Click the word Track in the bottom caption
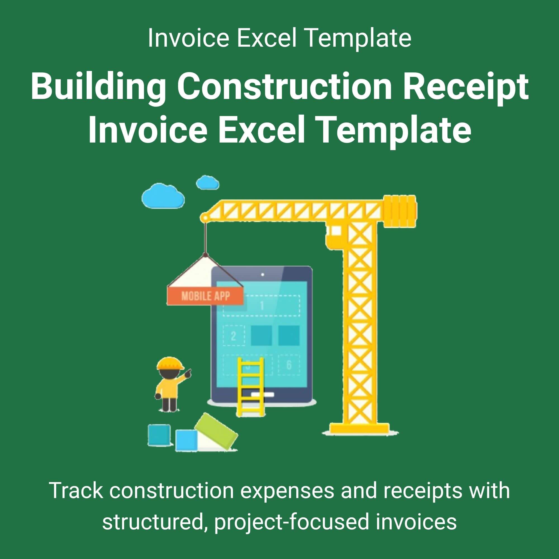(x=76, y=491)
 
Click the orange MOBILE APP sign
(x=205, y=296)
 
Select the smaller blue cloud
(x=207, y=182)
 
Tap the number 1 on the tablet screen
(x=262, y=305)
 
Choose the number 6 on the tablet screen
(x=289, y=365)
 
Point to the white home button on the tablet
(x=262, y=395)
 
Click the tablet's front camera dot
(x=262, y=274)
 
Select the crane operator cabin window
(x=336, y=230)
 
